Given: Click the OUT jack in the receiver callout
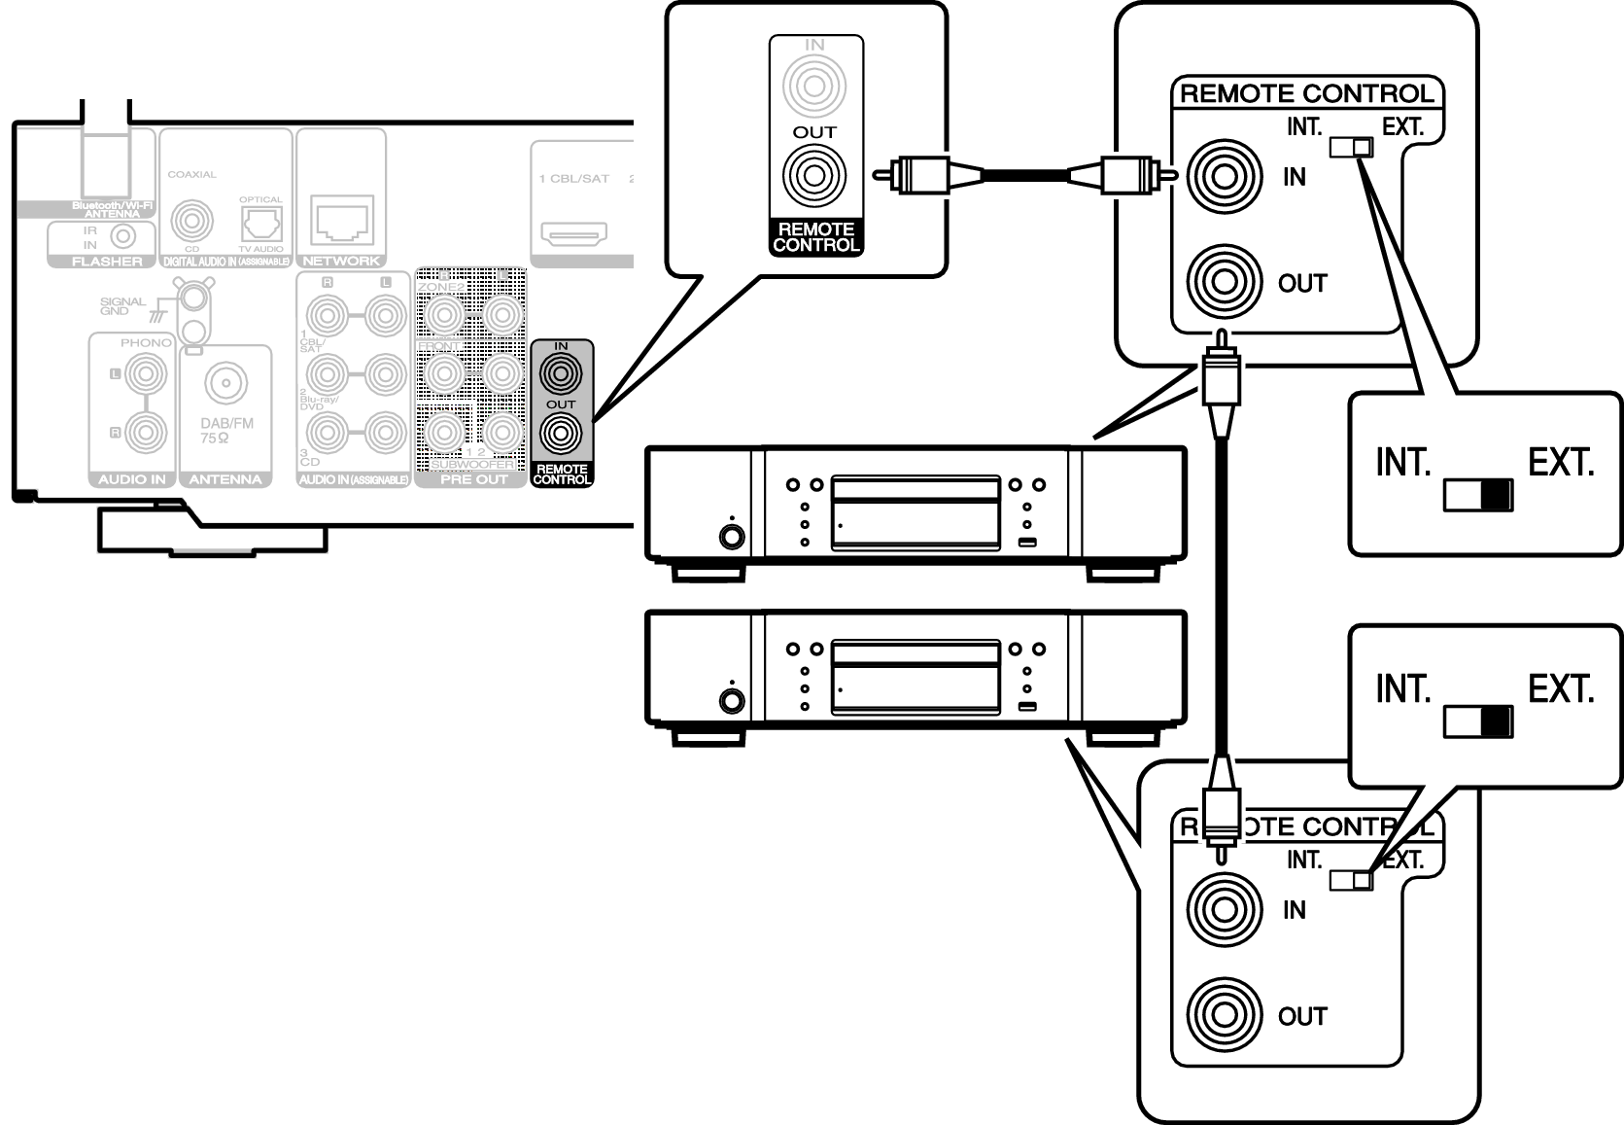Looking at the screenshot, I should coord(814,176).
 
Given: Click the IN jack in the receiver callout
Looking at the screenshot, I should coord(814,87).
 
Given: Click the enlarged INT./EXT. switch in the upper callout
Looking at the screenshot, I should coord(1478,496).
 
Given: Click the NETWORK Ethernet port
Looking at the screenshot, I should coord(341,221).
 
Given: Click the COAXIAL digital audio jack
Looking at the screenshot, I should coord(191,222).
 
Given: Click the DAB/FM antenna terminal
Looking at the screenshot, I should coord(225,383).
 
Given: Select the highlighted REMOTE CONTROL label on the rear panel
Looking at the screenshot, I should coord(562,475).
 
